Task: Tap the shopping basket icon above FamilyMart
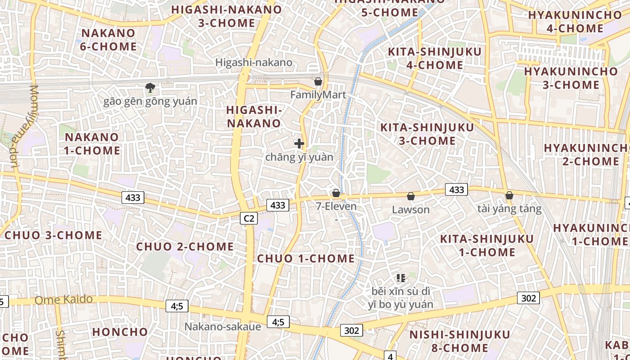pos(318,82)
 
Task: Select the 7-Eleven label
pos(336,207)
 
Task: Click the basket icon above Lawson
pos(410,196)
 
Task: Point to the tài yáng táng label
pos(509,209)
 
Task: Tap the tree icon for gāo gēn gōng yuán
pos(150,88)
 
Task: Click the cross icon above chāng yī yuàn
pos(299,144)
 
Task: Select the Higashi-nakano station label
pos(254,63)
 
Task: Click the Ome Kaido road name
pos(64,300)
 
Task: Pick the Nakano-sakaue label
pos(222,327)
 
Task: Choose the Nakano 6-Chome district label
pos(108,40)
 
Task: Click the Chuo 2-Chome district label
pos(185,247)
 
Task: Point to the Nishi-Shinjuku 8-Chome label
pos(459,341)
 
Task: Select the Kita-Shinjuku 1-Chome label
pos(487,245)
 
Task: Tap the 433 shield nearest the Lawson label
pos(456,190)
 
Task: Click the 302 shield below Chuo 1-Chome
pos(351,331)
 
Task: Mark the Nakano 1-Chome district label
pos(92,144)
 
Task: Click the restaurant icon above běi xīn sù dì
pos(400,279)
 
